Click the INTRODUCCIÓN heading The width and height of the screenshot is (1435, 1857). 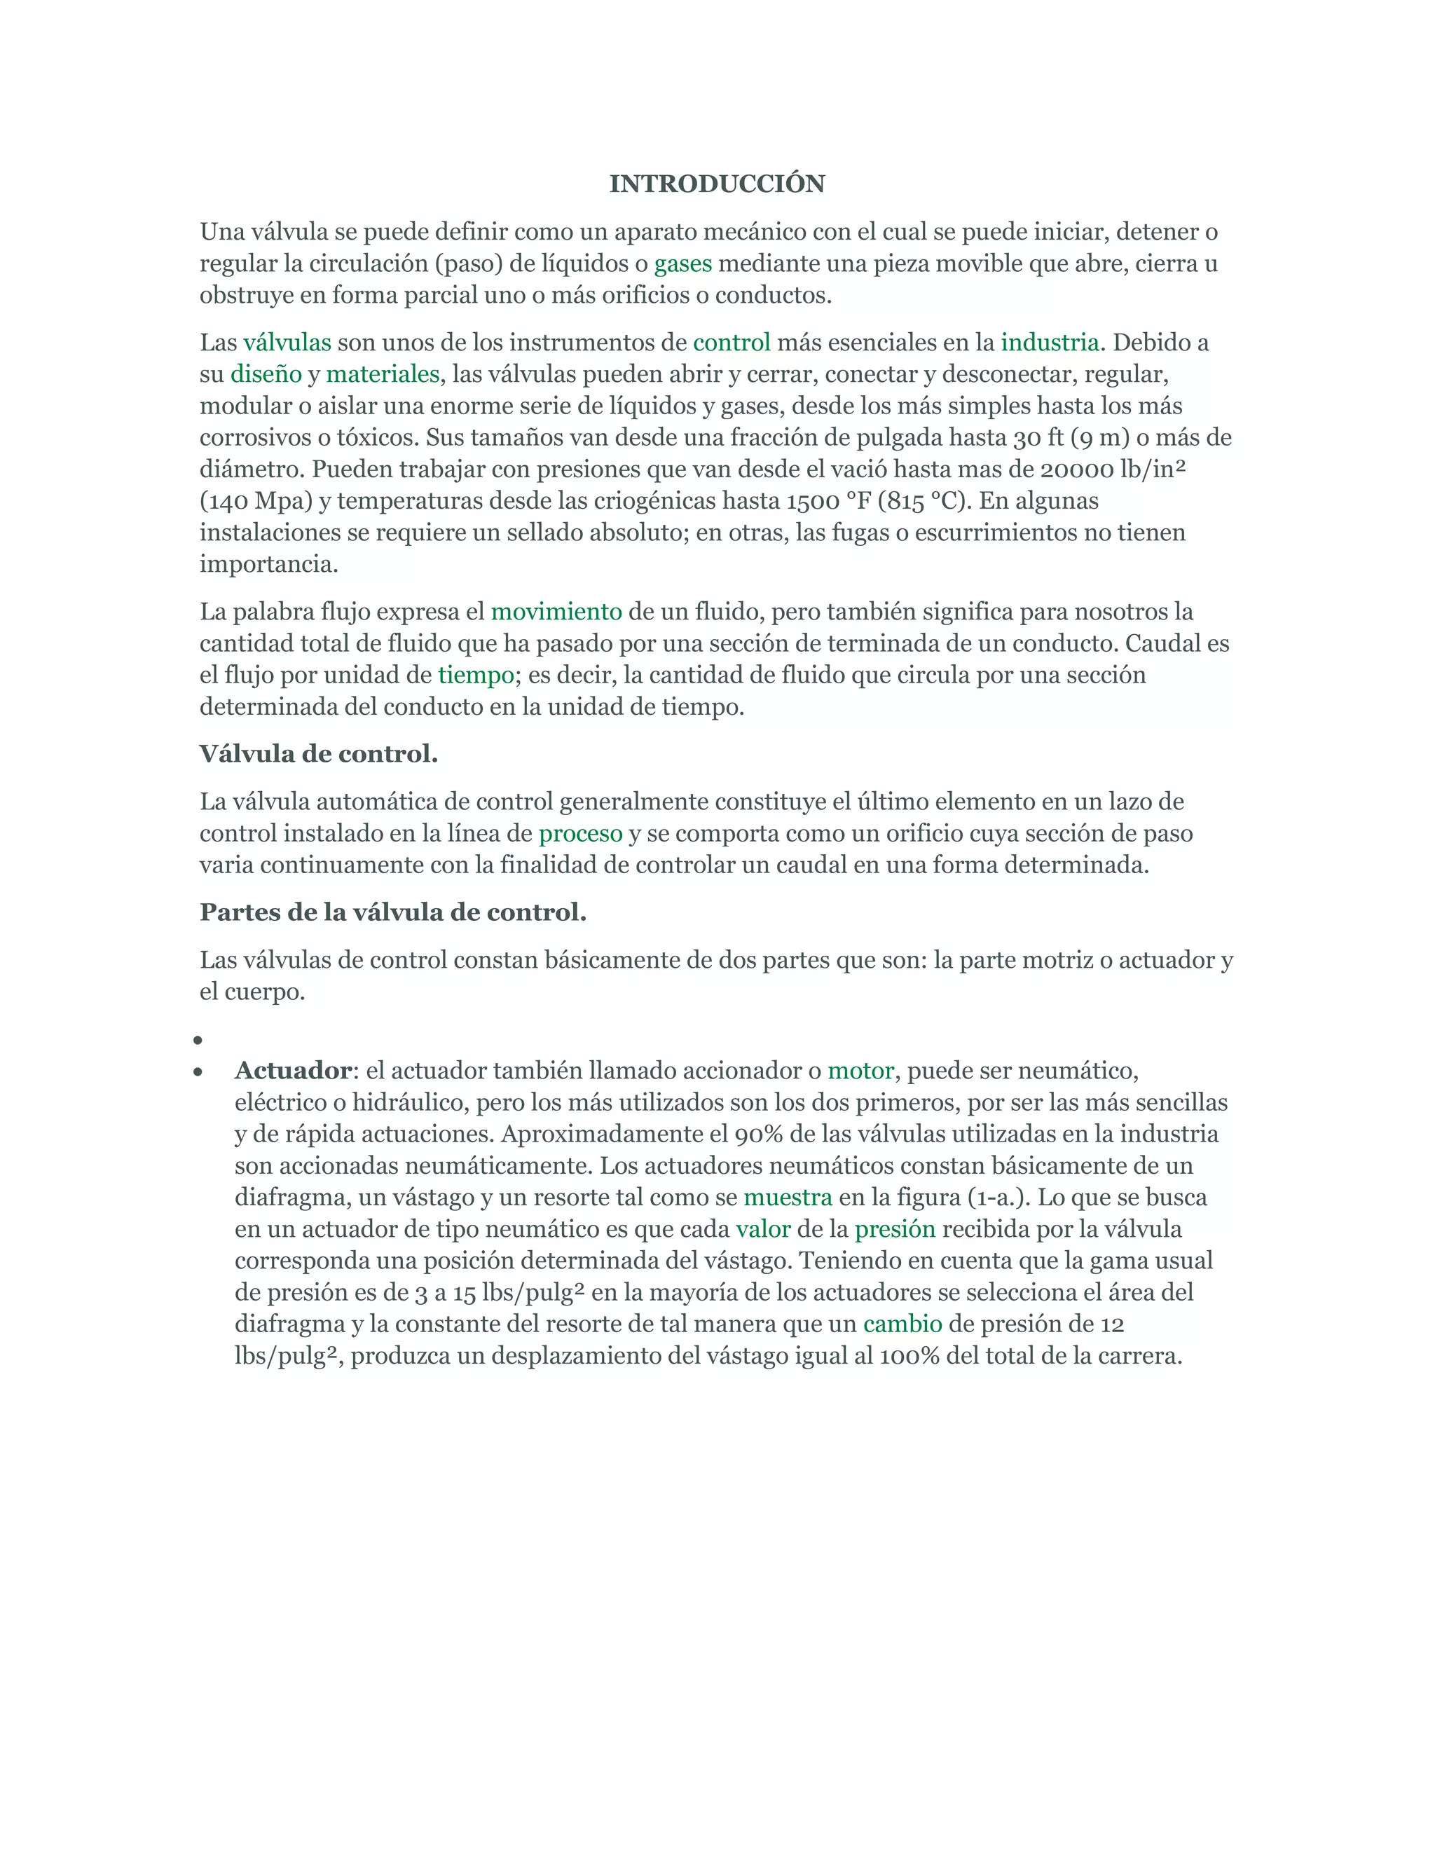(717, 184)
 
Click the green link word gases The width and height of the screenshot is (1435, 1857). (682, 263)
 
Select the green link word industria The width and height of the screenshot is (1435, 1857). (1050, 343)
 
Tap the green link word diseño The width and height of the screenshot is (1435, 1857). (266, 374)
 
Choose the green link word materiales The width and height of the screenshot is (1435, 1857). (383, 374)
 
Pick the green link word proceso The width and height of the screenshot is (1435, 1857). (581, 833)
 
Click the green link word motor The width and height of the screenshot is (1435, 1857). (860, 1071)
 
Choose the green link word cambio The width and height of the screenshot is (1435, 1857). (902, 1324)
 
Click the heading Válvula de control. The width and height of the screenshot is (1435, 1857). (319, 754)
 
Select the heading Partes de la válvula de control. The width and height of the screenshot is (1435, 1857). (393, 912)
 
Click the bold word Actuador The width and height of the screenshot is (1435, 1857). (292, 1071)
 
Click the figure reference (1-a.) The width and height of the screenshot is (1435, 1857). (998, 1197)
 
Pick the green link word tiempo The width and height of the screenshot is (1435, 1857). (476, 675)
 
